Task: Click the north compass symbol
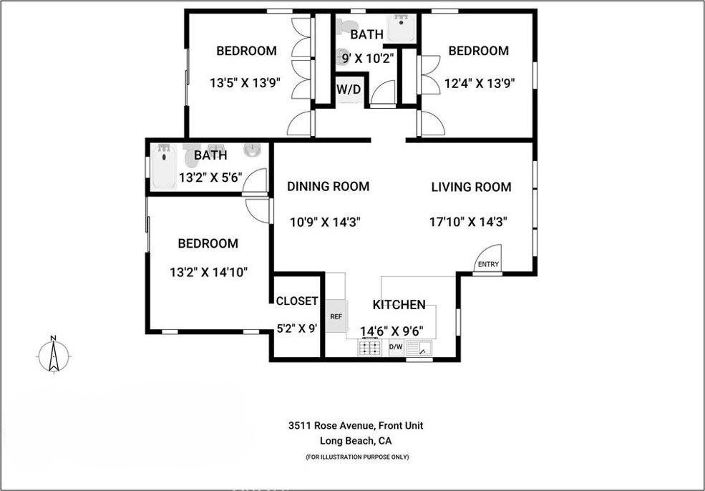[x=54, y=355]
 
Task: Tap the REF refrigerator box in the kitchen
[x=336, y=316]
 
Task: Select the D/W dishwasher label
[x=396, y=346]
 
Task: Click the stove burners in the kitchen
[x=369, y=347]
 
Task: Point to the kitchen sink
[x=419, y=348]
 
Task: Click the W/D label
[x=349, y=89]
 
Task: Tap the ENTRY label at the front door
[x=488, y=264]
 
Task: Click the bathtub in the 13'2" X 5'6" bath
[x=164, y=166]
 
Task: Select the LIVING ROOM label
[x=471, y=187]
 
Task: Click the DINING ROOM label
[x=329, y=186]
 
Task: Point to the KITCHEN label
[x=399, y=304]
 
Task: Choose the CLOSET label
[x=297, y=301]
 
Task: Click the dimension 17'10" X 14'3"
[x=469, y=222]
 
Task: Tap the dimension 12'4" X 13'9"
[x=480, y=83]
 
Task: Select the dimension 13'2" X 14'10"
[x=208, y=273]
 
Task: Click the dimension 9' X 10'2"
[x=368, y=58]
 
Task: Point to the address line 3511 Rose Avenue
[x=356, y=425]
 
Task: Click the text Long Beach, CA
[x=356, y=441]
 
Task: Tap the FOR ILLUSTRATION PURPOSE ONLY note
[x=357, y=457]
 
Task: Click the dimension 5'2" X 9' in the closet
[x=297, y=329]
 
